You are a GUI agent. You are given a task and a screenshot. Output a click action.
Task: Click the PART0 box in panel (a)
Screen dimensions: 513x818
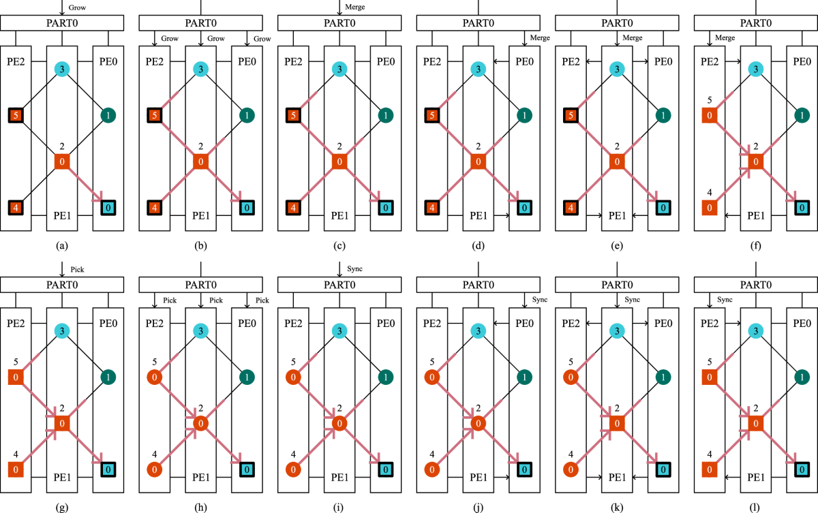click(62, 22)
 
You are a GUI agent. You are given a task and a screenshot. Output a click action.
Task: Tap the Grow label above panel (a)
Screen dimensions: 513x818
click(76, 7)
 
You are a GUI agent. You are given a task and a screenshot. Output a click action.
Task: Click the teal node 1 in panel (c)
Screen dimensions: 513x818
click(385, 116)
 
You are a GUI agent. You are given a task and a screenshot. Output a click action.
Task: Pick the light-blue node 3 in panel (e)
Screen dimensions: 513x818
click(616, 69)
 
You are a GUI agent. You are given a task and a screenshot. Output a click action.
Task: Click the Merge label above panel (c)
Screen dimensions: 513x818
click(355, 7)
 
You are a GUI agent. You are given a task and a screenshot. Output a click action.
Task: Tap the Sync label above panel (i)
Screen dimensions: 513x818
click(354, 269)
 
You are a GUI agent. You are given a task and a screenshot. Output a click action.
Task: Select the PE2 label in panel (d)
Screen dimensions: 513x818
click(433, 63)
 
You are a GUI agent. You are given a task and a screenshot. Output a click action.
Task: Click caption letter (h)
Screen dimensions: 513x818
click(200, 506)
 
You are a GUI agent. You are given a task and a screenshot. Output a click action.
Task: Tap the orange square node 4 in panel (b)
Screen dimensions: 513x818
click(155, 207)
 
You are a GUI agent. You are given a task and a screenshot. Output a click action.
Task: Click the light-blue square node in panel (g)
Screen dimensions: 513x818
click(108, 469)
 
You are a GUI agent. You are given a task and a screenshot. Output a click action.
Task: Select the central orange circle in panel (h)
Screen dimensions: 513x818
click(200, 424)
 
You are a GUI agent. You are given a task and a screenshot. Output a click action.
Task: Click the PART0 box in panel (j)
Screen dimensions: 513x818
click(478, 285)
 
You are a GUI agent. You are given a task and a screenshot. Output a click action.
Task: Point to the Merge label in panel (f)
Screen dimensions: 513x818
click(725, 38)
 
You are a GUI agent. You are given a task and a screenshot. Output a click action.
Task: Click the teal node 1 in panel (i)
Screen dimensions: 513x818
click(385, 377)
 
